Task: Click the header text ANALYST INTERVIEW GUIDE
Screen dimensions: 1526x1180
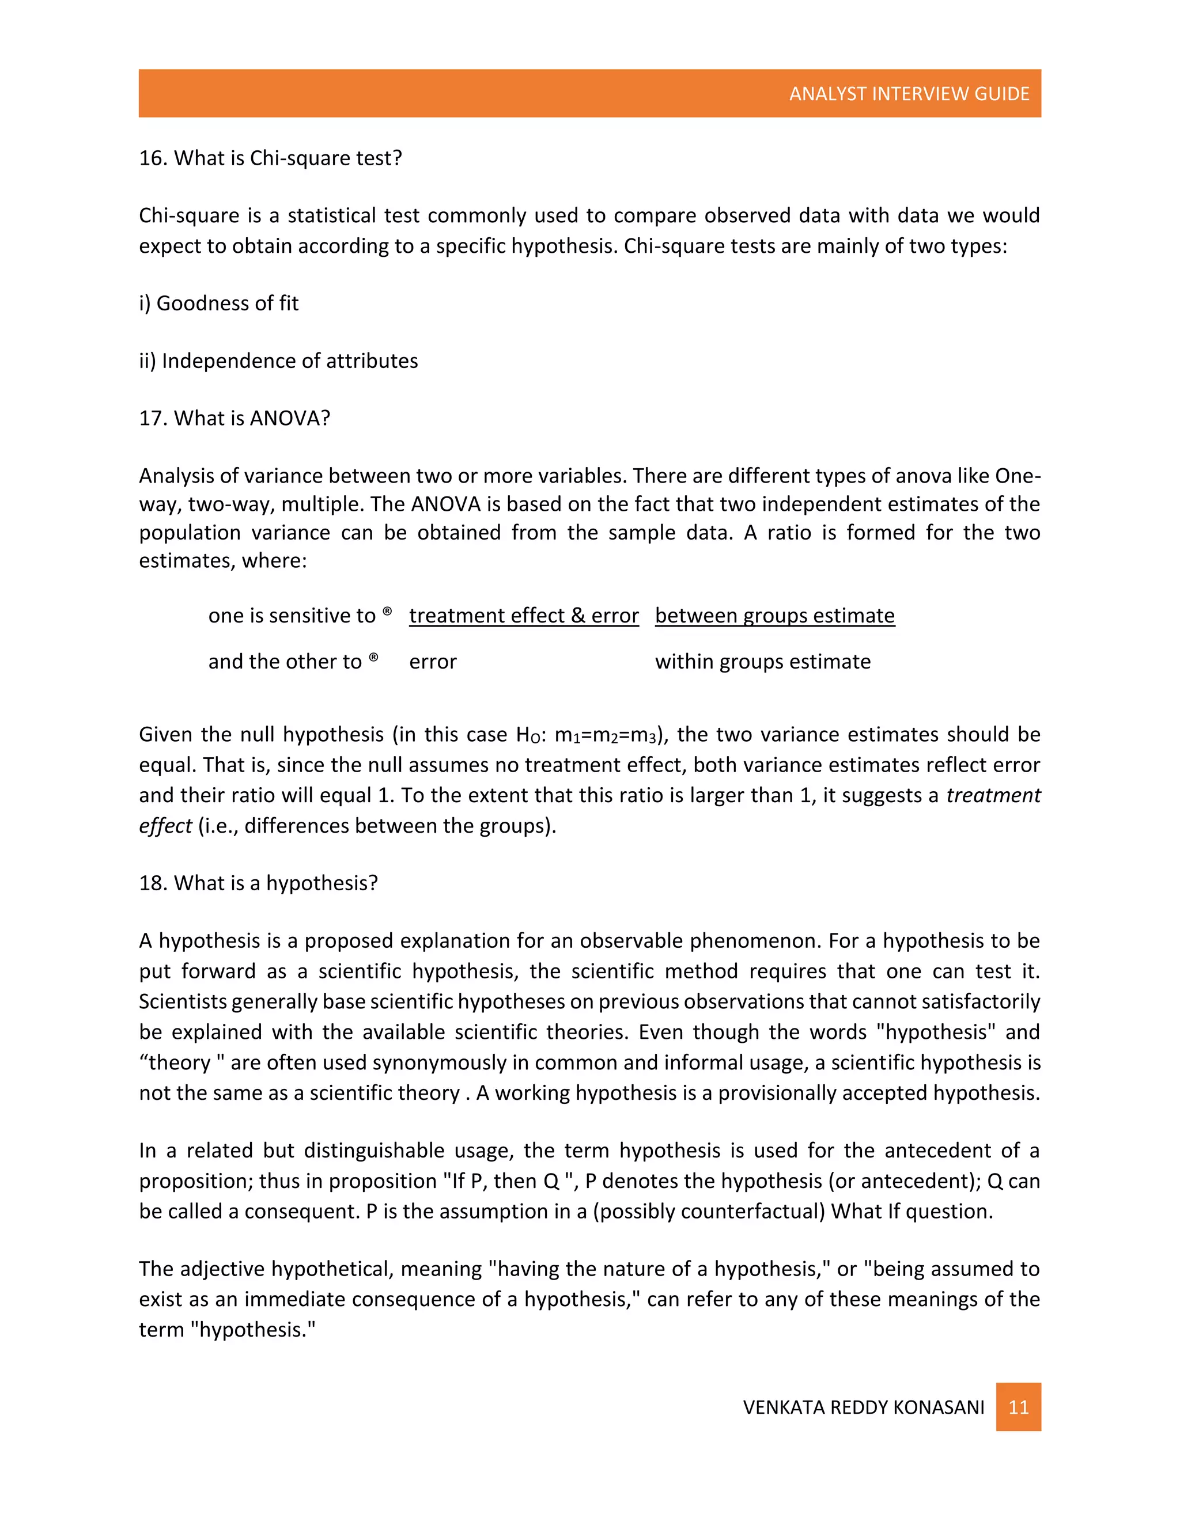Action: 909,94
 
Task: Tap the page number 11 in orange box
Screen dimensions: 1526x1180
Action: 1018,1407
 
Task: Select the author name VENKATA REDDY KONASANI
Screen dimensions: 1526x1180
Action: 863,1407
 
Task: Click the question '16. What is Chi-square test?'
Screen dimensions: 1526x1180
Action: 271,158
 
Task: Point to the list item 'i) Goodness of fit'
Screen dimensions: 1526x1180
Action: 219,303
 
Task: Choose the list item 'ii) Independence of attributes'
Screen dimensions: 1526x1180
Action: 278,360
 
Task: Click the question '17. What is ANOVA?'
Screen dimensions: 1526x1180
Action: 234,418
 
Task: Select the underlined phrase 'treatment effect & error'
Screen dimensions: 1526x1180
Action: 524,616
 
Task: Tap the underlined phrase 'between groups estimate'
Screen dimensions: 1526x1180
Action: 774,616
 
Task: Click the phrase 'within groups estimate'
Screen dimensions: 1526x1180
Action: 763,662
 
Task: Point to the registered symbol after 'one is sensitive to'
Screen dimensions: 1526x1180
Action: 387,612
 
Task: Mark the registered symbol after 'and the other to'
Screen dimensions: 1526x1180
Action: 373,658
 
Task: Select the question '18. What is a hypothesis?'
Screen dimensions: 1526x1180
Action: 258,883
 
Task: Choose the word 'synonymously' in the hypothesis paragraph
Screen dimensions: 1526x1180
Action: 440,1063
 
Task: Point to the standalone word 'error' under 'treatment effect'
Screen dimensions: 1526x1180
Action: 433,662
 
